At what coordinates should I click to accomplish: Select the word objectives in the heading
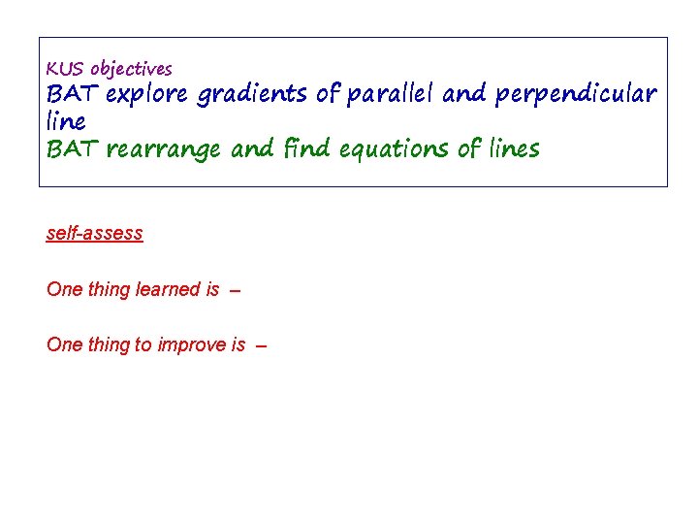[131, 70]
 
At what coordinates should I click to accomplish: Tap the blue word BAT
[73, 94]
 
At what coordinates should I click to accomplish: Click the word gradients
[250, 95]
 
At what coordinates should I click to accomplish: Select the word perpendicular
[576, 95]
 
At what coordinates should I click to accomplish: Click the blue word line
[66, 121]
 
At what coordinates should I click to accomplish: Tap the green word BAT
[73, 149]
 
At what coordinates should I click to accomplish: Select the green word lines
[507, 148]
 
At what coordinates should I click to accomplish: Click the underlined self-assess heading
[94, 233]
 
